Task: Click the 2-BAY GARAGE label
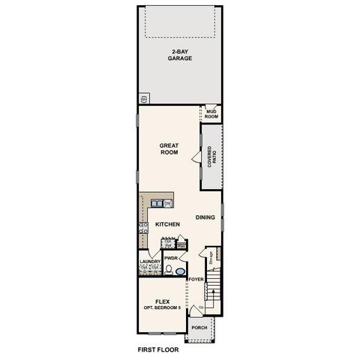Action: point(180,54)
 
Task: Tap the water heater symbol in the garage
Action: point(143,98)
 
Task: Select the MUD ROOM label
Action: point(211,115)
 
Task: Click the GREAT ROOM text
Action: point(168,148)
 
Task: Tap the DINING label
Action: point(205,217)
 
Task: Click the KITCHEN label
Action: point(166,224)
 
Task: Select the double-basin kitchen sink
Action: point(157,203)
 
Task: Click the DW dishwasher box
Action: point(169,203)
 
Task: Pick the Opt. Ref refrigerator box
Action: point(169,244)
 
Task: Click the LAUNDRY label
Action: point(150,262)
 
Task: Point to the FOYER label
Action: point(196,279)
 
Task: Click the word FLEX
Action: point(162,301)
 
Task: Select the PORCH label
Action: point(199,328)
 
